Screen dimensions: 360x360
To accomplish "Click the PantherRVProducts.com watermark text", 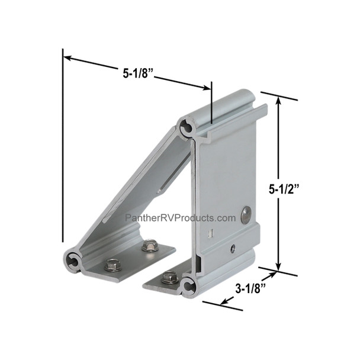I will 180,218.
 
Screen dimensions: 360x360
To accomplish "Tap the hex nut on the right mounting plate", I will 170,276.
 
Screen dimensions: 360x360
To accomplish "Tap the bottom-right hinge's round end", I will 190,286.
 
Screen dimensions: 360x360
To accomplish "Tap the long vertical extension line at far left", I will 62,148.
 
